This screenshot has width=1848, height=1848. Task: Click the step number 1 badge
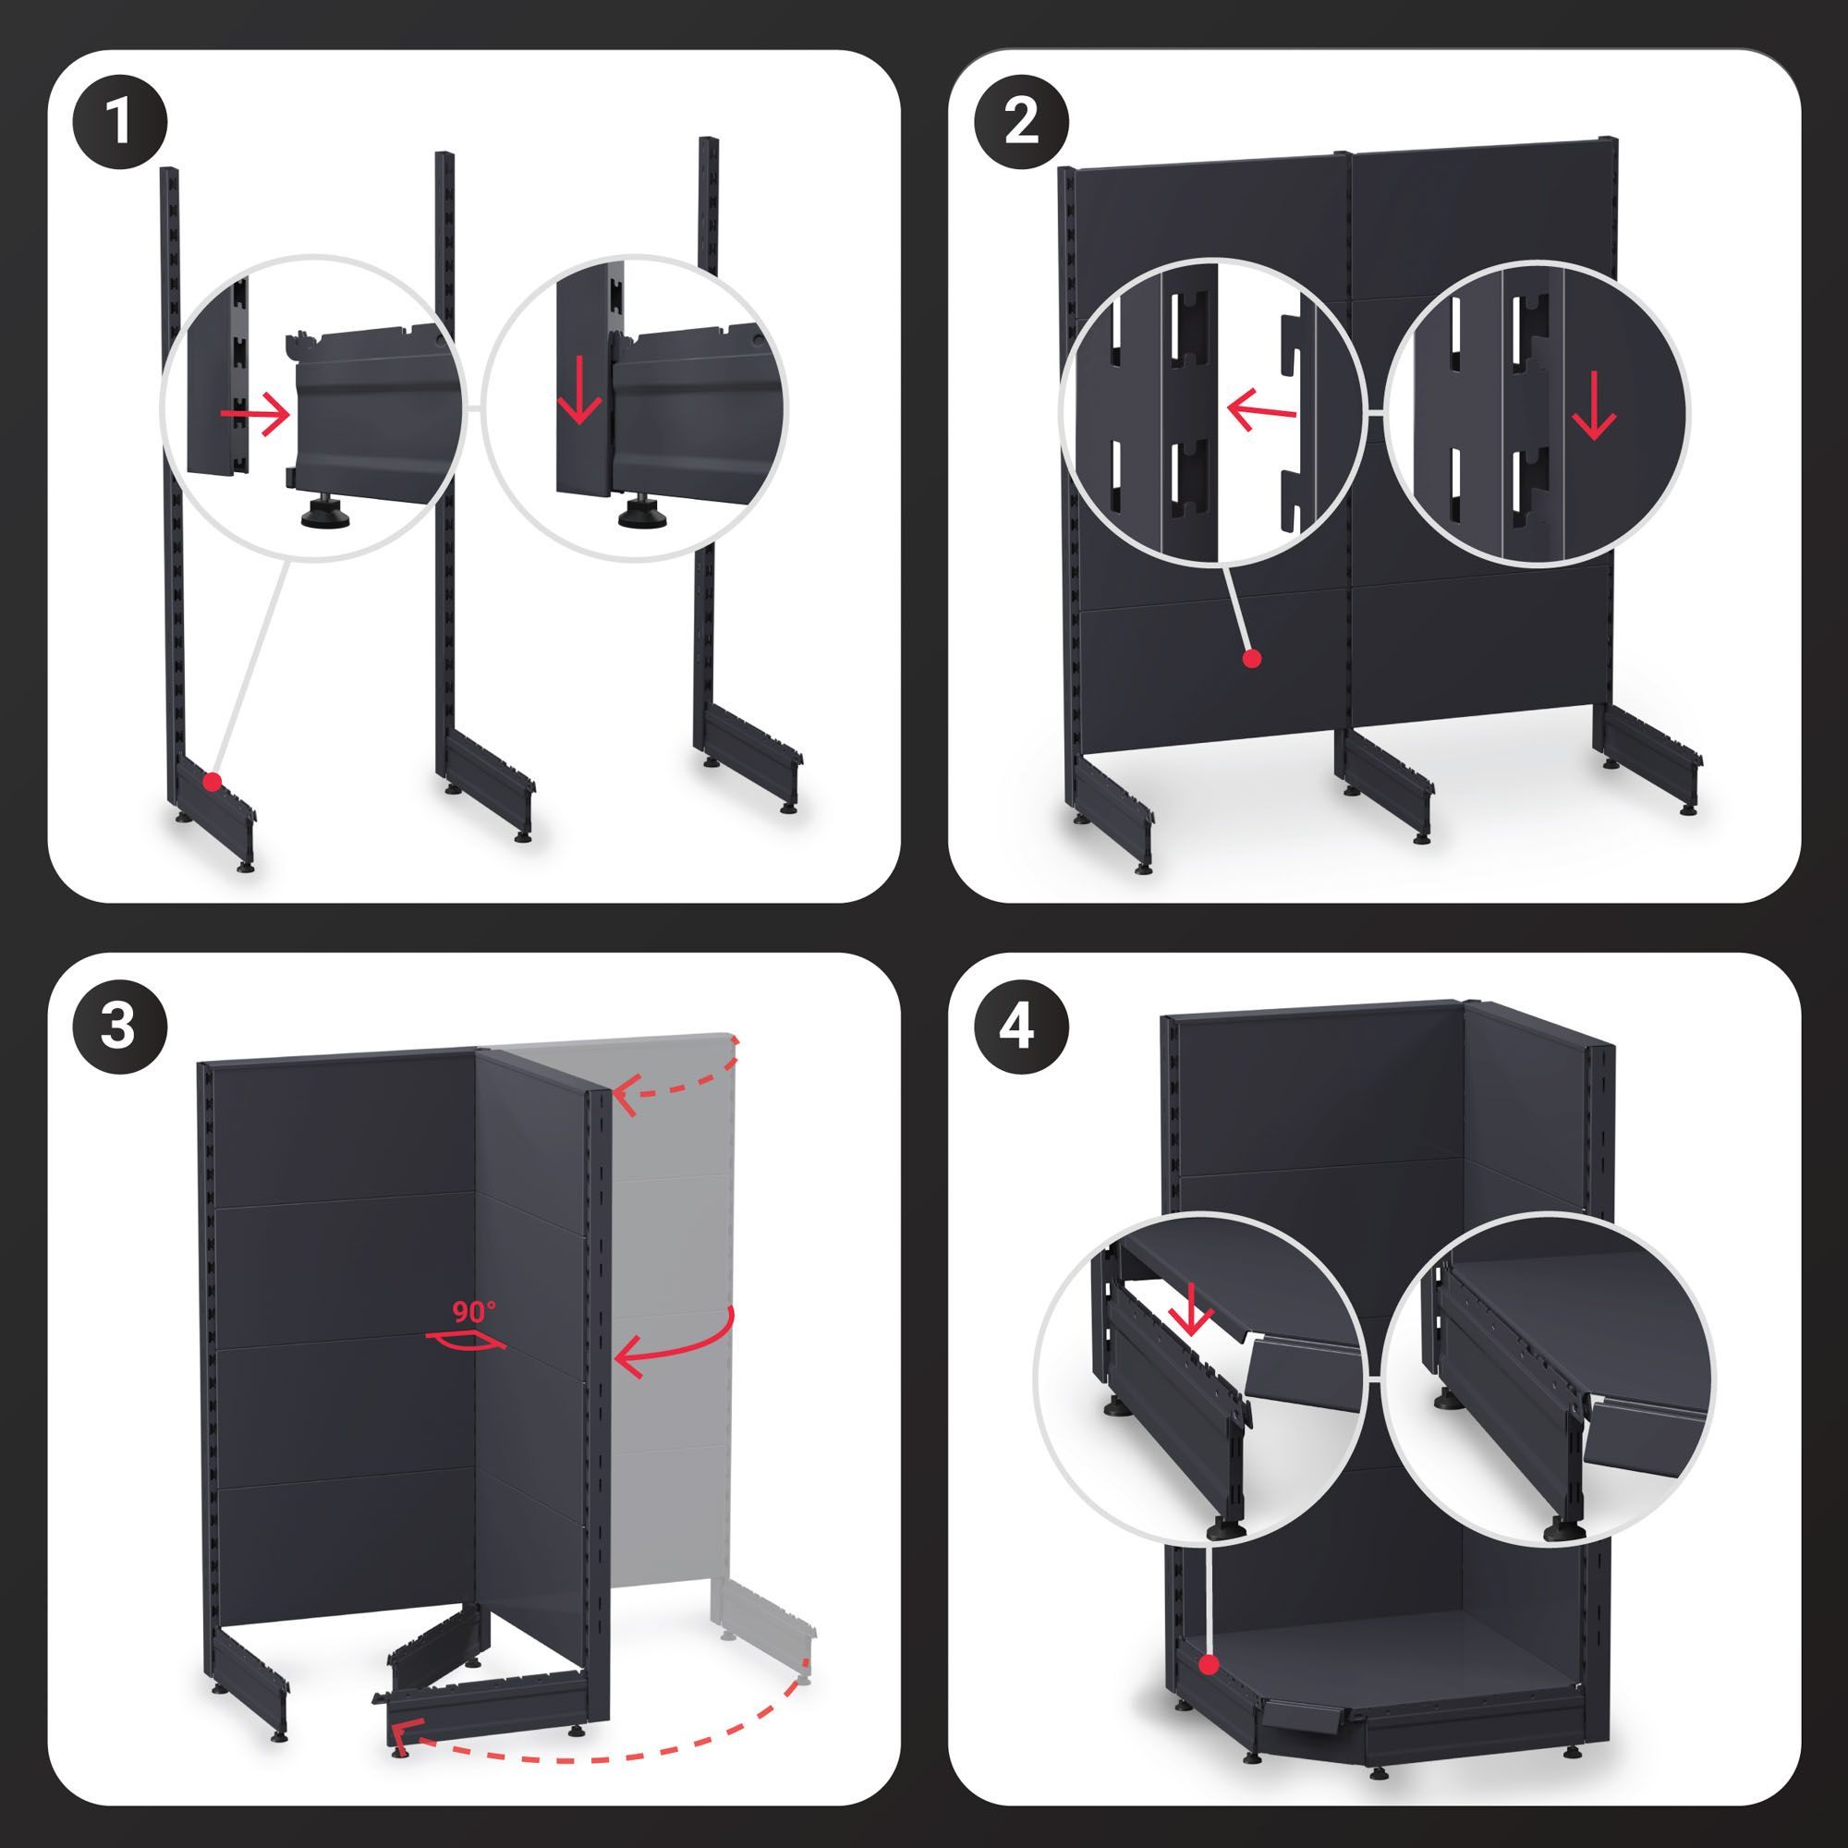point(119,126)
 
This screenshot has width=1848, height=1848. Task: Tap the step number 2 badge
point(1022,126)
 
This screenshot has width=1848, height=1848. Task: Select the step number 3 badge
point(119,1028)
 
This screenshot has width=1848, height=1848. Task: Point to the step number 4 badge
point(1022,1028)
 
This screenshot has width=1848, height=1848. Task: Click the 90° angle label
point(474,1310)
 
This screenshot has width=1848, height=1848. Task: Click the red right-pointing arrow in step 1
point(254,413)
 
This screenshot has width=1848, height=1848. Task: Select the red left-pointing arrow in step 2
point(1260,413)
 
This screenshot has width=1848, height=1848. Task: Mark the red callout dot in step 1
point(213,782)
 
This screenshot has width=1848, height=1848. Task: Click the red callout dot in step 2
point(1252,658)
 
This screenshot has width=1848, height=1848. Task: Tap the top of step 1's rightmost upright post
point(708,140)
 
